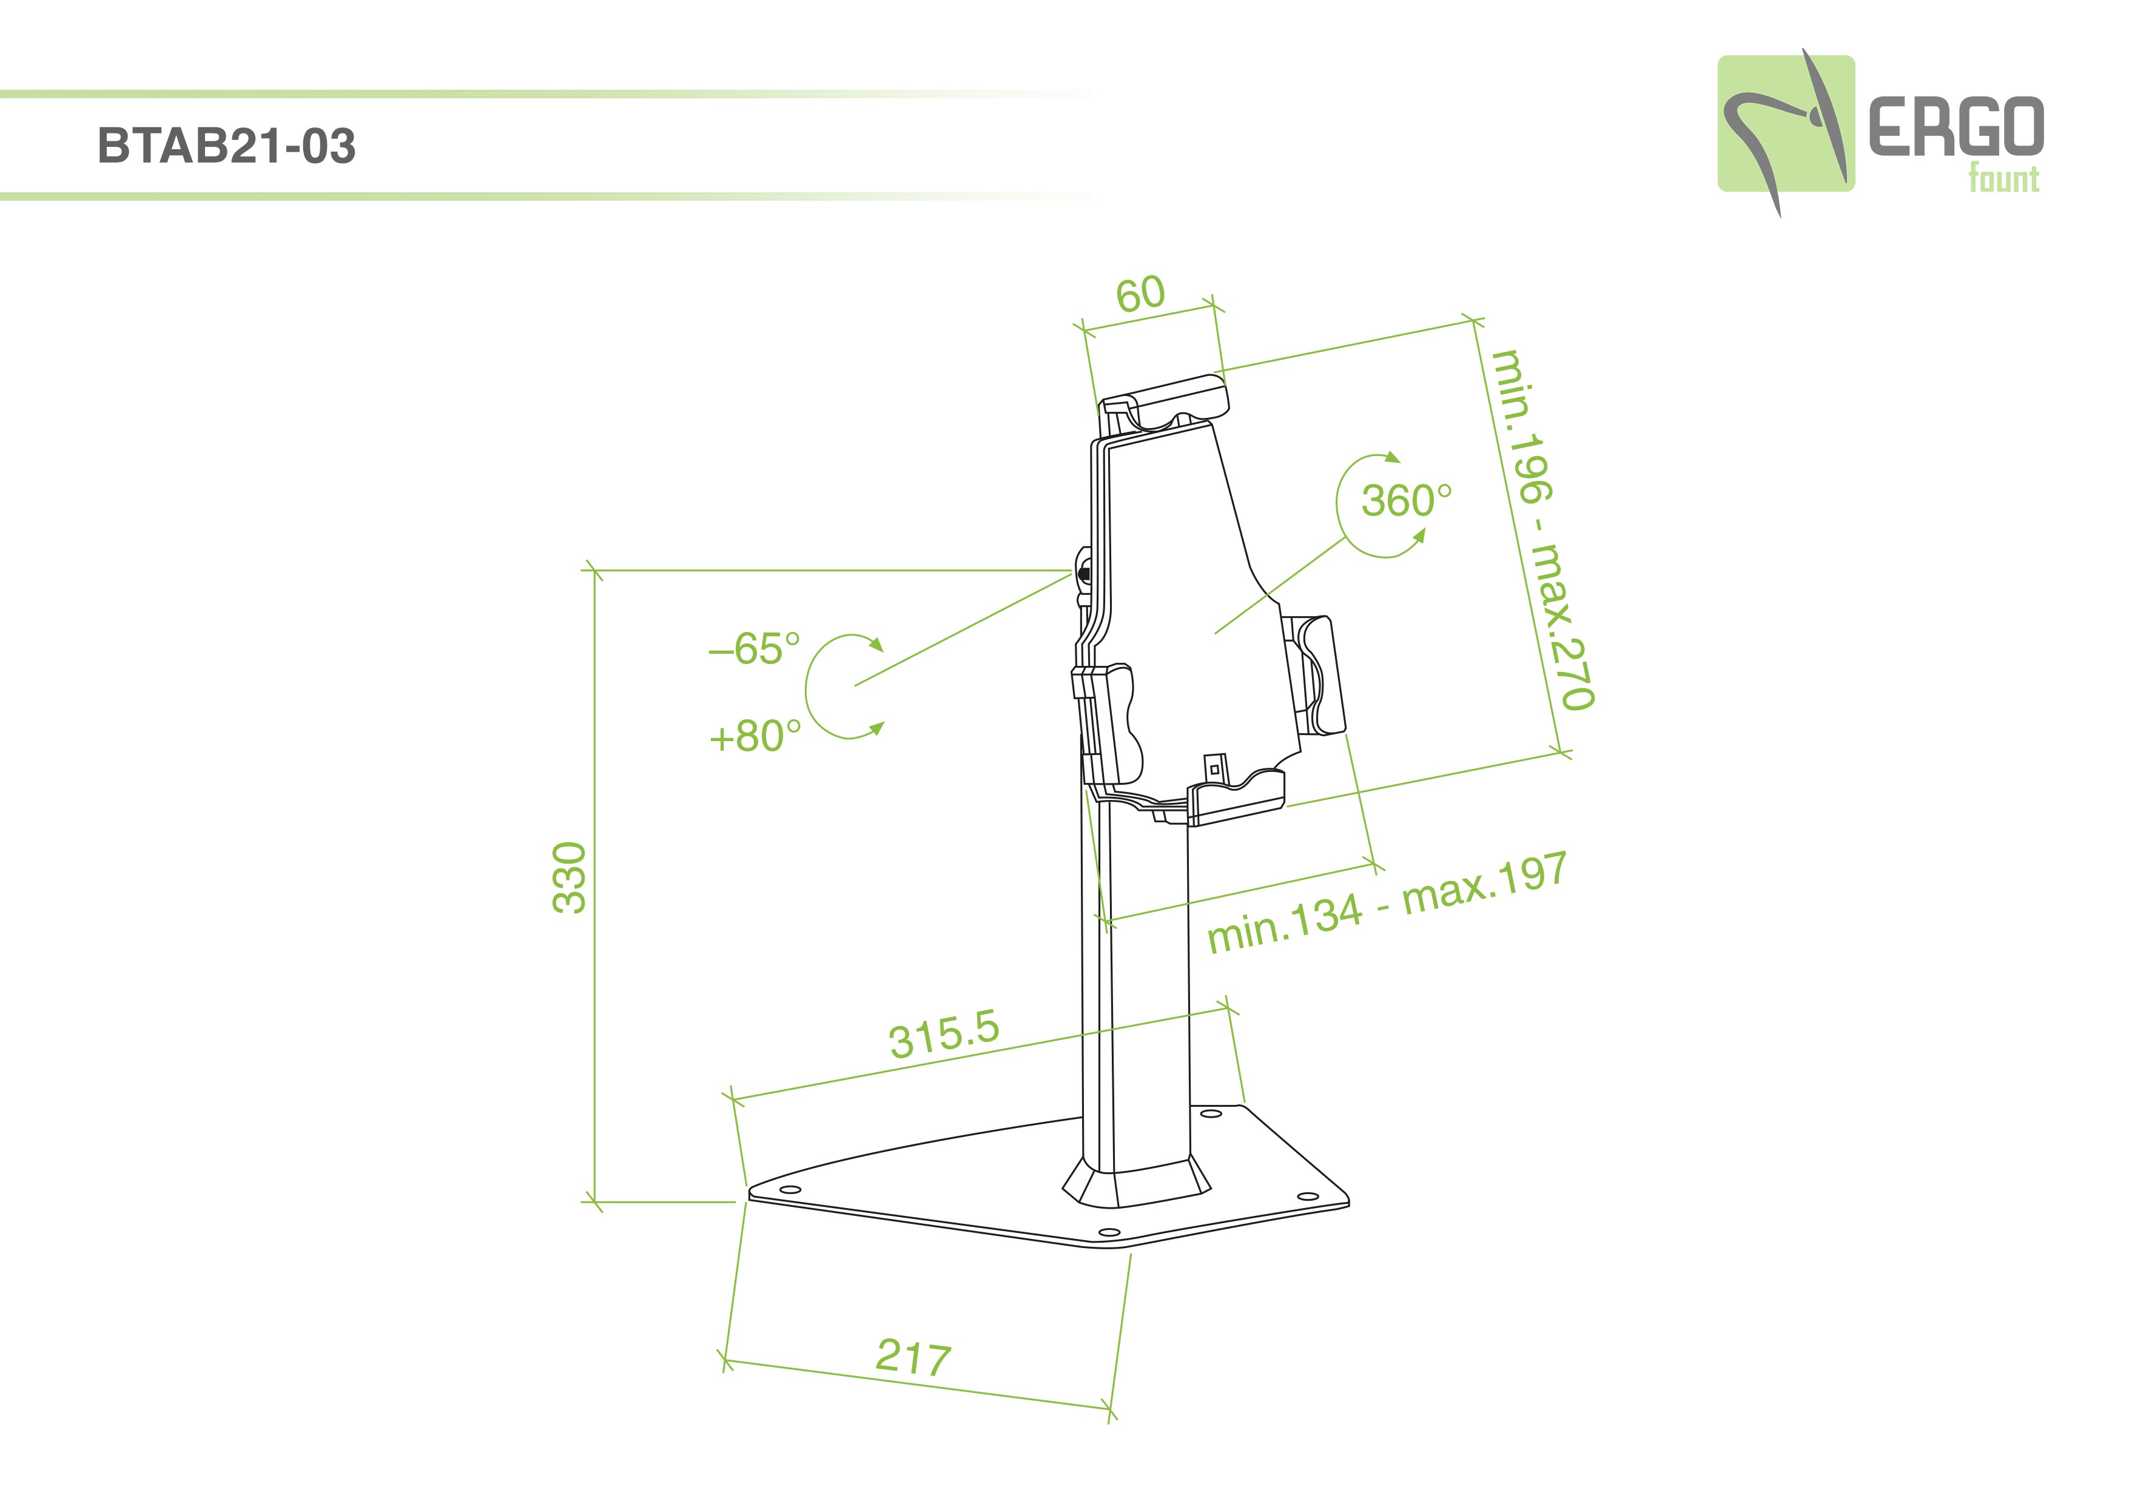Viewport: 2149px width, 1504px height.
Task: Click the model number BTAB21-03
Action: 226,146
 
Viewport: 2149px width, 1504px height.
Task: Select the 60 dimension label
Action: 1140,294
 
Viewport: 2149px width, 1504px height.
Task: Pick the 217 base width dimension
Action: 913,1358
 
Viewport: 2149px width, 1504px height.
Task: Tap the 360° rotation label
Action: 1407,501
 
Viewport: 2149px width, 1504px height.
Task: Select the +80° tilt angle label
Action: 755,737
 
